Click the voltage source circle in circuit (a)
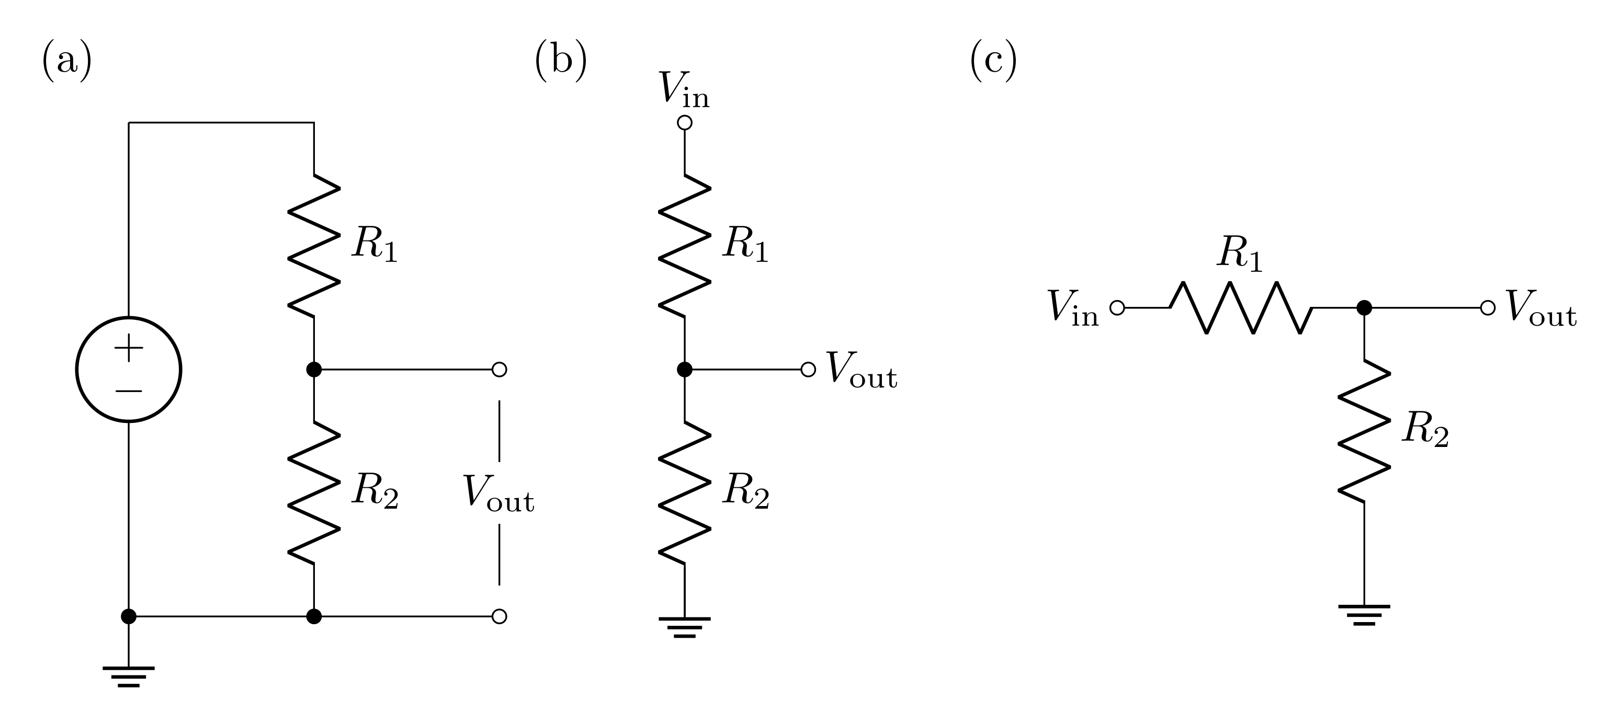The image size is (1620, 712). [x=128, y=369]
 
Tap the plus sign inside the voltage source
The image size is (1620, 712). [x=128, y=348]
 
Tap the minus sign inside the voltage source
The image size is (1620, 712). [x=128, y=391]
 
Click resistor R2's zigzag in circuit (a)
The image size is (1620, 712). [x=314, y=492]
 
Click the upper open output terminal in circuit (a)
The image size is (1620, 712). [x=500, y=370]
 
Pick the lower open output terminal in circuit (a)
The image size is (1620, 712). [x=500, y=616]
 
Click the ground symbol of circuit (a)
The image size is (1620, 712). [x=128, y=676]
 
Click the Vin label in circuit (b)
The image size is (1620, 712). [x=684, y=90]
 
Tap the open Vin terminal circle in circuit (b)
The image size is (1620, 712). [x=685, y=122]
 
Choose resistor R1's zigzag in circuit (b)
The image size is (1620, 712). [x=685, y=246]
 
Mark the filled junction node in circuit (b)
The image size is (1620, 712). [x=685, y=370]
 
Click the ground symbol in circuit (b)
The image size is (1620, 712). [x=685, y=627]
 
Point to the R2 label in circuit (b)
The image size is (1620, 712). [x=746, y=491]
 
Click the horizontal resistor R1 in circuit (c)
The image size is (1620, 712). [x=1241, y=308]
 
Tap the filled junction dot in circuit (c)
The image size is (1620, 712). [x=1364, y=308]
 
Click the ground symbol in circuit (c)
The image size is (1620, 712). [x=1364, y=615]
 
